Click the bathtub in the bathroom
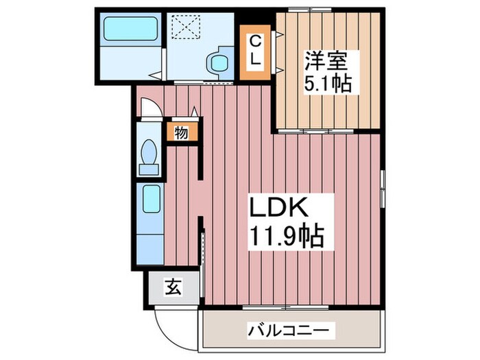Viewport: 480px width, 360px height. [130, 29]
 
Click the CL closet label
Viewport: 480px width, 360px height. [254, 50]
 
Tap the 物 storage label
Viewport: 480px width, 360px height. [181, 132]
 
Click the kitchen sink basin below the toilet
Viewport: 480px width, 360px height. [150, 200]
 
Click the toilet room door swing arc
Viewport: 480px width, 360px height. [149, 109]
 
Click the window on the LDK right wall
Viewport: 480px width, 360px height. [383, 189]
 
